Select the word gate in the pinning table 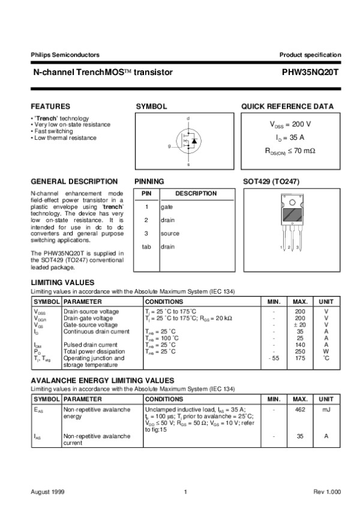(x=167, y=206)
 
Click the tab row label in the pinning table (x=146, y=247)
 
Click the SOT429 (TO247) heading (x=271, y=181)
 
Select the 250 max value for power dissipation (x=300, y=351)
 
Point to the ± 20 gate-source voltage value (x=300, y=325)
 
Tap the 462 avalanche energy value (x=300, y=410)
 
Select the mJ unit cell (x=326, y=410)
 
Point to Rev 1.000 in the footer (x=327, y=492)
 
